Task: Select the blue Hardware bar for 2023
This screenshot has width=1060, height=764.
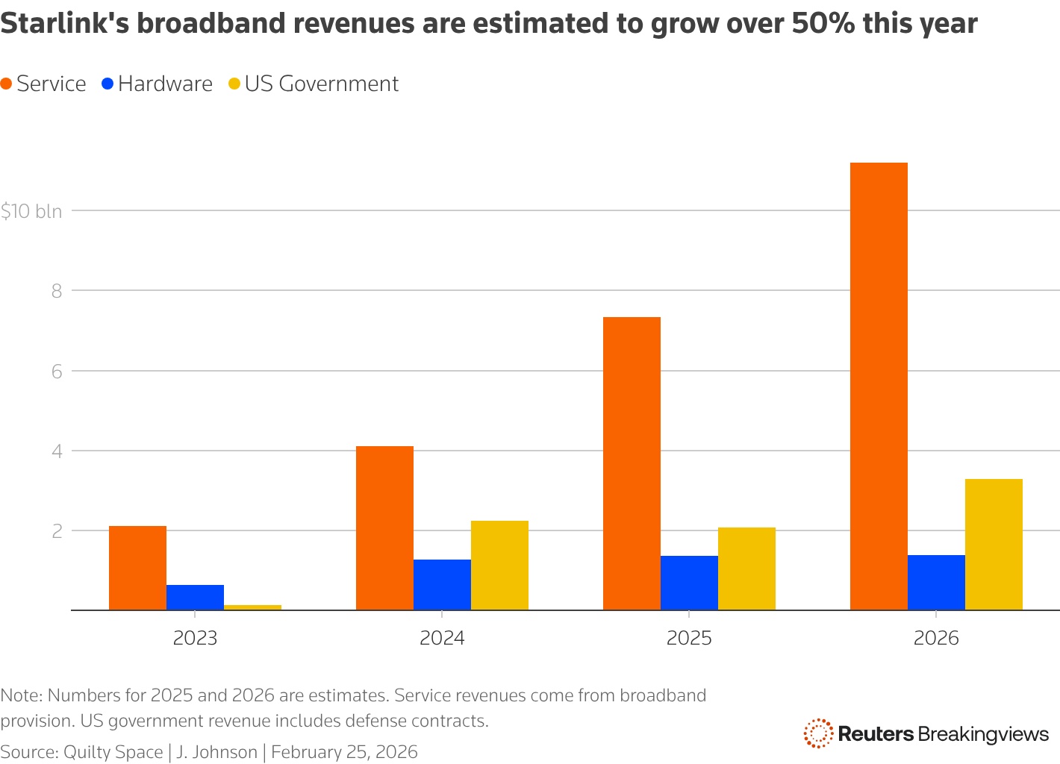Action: (x=195, y=598)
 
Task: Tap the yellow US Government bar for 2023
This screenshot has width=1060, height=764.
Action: (x=252, y=607)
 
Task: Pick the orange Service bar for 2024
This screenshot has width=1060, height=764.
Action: (x=384, y=528)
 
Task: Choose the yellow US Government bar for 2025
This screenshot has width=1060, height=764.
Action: (x=746, y=569)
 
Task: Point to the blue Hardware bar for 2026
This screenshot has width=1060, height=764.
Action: (x=936, y=583)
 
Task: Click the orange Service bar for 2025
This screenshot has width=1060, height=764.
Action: (x=632, y=463)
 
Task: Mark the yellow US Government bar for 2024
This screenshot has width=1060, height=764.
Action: (x=499, y=566)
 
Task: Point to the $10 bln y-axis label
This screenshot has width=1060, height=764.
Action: (x=31, y=211)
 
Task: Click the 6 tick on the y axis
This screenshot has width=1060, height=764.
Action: (x=56, y=371)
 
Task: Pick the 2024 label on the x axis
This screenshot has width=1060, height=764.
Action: (x=442, y=639)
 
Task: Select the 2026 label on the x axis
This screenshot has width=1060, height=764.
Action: (x=936, y=639)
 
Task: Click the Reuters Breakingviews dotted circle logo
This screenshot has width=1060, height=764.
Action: (x=818, y=733)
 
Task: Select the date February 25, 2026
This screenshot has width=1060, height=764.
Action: (x=344, y=751)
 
